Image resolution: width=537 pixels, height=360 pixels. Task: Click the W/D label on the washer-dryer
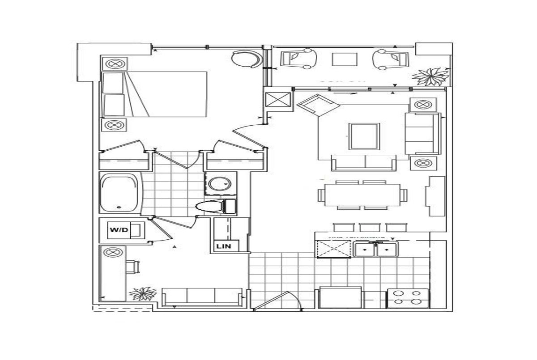119,230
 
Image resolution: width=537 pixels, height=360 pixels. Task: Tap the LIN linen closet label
223,246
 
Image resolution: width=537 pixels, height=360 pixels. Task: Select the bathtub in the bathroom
119,193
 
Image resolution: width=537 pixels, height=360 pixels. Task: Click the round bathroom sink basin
220,184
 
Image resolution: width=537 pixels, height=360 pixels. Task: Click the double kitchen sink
375,250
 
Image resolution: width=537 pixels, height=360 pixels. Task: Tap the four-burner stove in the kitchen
408,298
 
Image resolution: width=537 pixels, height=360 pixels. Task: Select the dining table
362,195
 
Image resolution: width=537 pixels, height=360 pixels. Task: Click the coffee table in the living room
364,136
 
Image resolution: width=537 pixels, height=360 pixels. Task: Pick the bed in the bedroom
155,94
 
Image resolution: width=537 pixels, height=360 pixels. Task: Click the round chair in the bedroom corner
247,59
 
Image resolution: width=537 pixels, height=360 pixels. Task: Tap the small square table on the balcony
344,59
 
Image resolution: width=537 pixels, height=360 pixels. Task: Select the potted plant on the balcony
430,76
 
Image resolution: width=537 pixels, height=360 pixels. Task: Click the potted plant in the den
143,294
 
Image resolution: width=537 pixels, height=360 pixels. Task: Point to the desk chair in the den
132,267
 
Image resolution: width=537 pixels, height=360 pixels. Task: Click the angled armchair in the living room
318,105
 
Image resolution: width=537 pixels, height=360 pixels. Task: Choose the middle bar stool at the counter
370,227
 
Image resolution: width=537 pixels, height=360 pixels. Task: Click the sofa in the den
202,297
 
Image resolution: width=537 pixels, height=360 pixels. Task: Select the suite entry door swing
277,301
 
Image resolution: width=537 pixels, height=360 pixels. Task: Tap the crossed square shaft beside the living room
278,100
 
